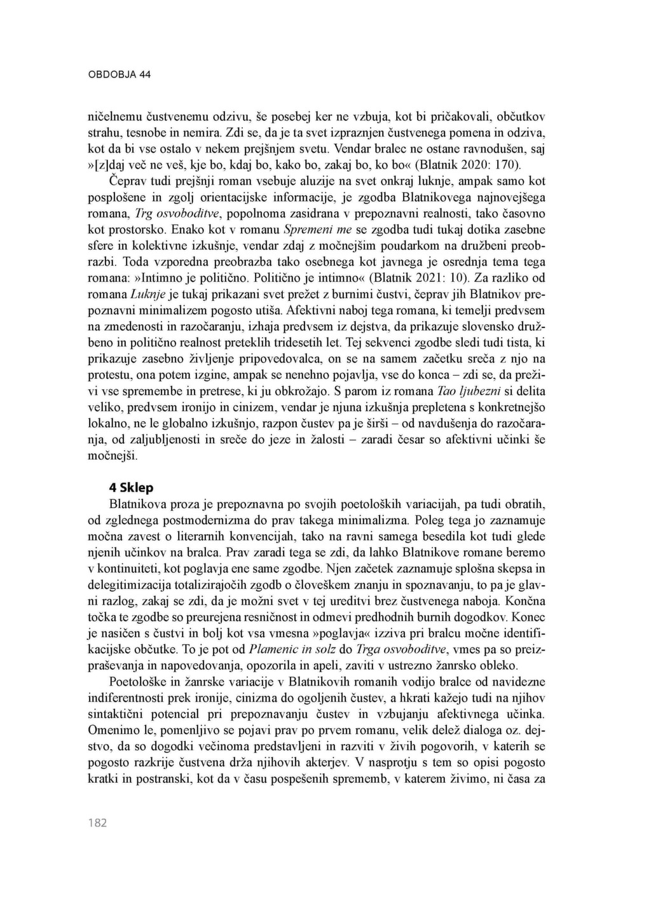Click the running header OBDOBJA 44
pos(119,74)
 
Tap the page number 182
pos(97,823)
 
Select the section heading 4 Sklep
pos(132,488)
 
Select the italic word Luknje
pos(148,294)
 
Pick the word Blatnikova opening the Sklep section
pos(138,504)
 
